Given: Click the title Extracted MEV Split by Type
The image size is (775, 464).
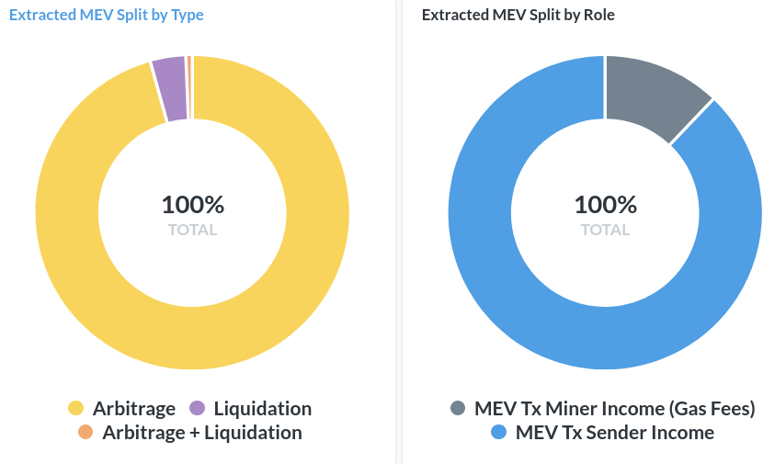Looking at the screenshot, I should point(107,16).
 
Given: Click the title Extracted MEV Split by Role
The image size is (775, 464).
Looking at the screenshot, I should point(519,16).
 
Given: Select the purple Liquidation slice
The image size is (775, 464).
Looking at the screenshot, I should point(171,89).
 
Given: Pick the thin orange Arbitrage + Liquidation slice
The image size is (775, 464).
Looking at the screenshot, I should point(189,87).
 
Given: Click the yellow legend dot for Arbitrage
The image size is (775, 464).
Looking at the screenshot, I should point(76,409).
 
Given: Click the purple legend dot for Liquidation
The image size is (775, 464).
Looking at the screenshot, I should point(197,409).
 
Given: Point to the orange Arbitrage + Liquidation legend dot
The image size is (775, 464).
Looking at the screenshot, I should point(85,433).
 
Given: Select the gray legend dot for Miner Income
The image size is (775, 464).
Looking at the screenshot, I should point(458,409).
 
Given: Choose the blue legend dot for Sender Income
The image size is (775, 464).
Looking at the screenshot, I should point(499,433).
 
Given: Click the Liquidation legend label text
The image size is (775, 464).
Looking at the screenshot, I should point(263,409).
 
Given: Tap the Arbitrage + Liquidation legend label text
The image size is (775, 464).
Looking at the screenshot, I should point(202,433).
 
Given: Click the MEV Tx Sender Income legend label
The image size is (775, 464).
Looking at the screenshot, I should point(615,433).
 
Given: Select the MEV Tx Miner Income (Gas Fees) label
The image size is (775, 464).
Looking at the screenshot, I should point(615,409).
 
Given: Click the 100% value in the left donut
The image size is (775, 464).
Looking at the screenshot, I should point(193,205).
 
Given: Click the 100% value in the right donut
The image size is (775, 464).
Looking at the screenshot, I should point(605,205).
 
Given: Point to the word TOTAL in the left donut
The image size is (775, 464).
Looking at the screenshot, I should point(193,230).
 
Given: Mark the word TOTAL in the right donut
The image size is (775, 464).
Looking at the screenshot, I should point(605,230).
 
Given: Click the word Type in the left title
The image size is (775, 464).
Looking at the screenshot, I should point(187,16).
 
